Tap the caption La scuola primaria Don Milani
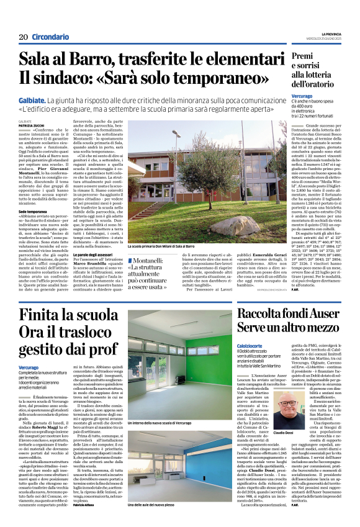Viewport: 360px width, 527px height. pyautogui.click(x=163, y=246)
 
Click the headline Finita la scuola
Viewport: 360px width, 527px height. pyautogui.click(x=58, y=314)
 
